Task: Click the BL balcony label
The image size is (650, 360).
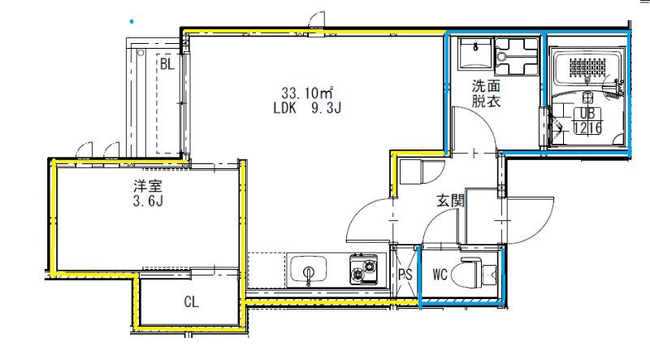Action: pyautogui.click(x=167, y=64)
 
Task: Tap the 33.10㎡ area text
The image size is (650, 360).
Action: pyautogui.click(x=308, y=93)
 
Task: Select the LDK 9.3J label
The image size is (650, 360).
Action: pyautogui.click(x=307, y=108)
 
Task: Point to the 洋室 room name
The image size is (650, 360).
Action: pyautogui.click(x=148, y=186)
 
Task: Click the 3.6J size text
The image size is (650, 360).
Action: pyautogui.click(x=148, y=202)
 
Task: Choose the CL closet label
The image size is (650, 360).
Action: pyautogui.click(x=191, y=301)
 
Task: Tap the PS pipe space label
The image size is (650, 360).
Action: pyautogui.click(x=405, y=275)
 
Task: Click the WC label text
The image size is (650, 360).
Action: pyautogui.click(x=440, y=274)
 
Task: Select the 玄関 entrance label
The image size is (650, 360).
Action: pyautogui.click(x=450, y=201)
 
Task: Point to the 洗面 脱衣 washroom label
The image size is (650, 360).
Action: pyautogui.click(x=486, y=93)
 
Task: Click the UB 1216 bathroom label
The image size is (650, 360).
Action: pyautogui.click(x=587, y=121)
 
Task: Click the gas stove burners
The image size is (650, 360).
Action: pyautogui.click(x=363, y=269)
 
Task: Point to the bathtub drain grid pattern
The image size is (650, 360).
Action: pyautogui.click(x=587, y=67)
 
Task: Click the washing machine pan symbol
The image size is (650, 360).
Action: pyautogui.click(x=517, y=56)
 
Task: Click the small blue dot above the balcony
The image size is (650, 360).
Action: pyautogui.click(x=132, y=21)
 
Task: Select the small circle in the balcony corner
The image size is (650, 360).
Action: pyautogui.click(x=141, y=53)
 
